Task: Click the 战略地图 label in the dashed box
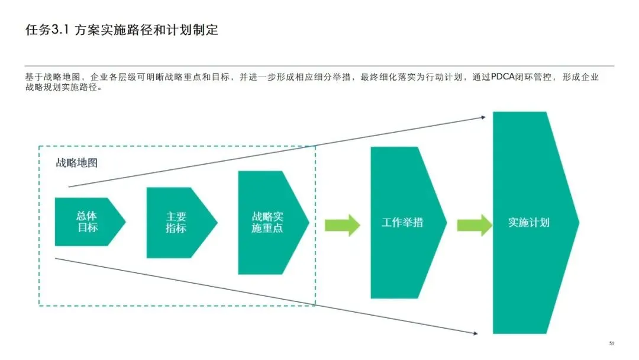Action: click(76, 163)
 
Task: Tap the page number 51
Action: click(612, 343)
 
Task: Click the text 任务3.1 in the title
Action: click(47, 30)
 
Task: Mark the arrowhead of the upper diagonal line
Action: click(482, 117)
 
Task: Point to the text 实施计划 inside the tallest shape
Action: click(529, 223)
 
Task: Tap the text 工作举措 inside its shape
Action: click(402, 223)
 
